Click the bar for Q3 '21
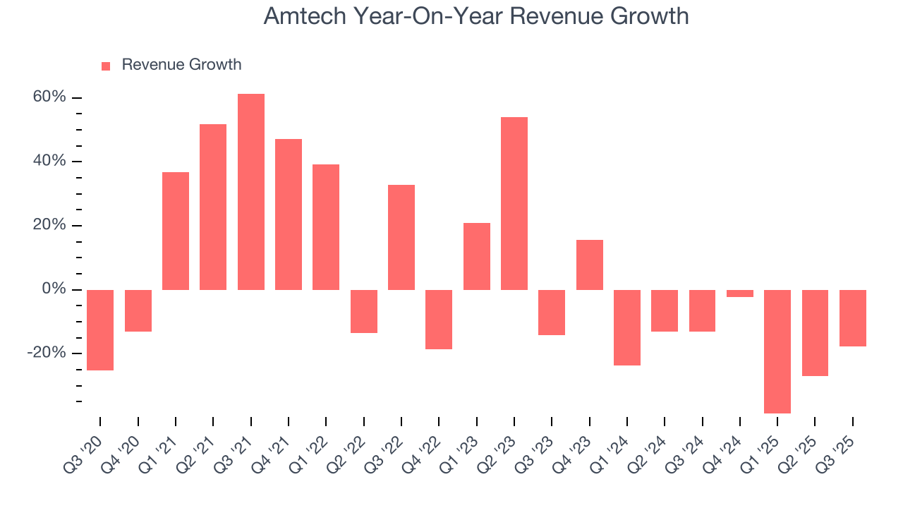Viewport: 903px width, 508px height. [251, 192]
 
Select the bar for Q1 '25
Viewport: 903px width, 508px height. [777, 351]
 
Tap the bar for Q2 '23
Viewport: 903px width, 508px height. [514, 203]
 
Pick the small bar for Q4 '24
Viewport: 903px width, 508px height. [740, 294]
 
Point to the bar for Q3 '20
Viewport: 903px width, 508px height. [100, 330]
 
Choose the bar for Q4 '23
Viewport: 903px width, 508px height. [590, 265]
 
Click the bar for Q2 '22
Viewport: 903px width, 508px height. [364, 311]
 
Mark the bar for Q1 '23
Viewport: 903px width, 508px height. [477, 256]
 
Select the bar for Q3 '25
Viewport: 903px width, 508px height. [853, 318]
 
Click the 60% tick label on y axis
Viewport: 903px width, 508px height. [49, 97]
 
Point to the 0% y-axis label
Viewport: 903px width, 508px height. [54, 289]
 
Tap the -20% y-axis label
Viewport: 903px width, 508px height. [47, 353]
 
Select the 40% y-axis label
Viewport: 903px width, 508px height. [49, 161]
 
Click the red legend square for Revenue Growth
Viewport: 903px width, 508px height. [106, 66]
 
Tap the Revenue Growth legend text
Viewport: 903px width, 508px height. [181, 65]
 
